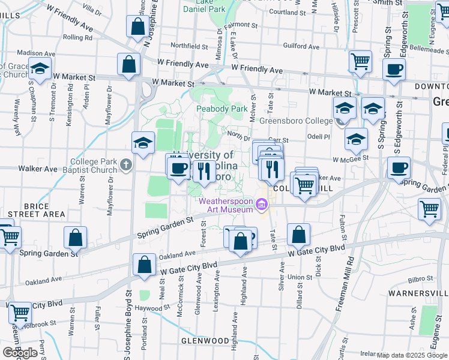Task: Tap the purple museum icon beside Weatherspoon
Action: point(261,206)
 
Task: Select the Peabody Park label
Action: point(222,109)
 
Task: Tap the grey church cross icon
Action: point(125,164)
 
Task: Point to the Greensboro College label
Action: point(295,121)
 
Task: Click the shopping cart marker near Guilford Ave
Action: point(360,61)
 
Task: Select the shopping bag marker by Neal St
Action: point(144,265)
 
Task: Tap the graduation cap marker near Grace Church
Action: point(40,70)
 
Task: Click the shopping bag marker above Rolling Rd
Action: point(137,26)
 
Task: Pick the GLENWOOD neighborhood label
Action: point(205,341)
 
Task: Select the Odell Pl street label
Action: point(319,137)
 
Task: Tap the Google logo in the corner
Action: point(20,352)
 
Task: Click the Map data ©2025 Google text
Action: point(412,355)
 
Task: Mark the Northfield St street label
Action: point(189,46)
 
